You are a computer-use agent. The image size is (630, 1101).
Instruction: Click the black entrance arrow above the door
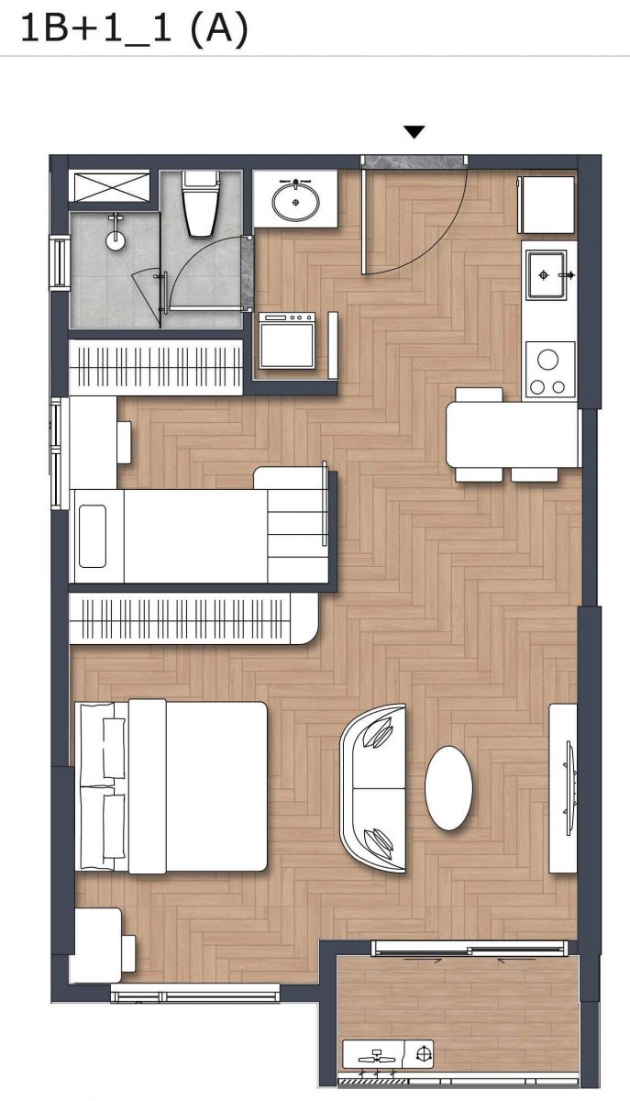[x=414, y=132]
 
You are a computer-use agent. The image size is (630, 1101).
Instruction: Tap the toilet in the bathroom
[x=201, y=205]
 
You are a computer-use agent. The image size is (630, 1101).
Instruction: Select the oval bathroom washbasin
[x=296, y=201]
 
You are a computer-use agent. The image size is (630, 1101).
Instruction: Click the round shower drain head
[x=115, y=240]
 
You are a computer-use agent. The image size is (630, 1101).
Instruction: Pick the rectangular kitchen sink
[x=546, y=274]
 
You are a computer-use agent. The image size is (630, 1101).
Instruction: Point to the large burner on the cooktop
[x=547, y=360]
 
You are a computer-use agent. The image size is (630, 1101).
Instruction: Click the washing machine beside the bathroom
[x=287, y=340]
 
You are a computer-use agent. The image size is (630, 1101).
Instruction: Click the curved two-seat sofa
[x=373, y=789]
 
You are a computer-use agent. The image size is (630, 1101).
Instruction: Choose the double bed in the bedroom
[x=171, y=787]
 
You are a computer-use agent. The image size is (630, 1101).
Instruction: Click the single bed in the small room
[x=201, y=536]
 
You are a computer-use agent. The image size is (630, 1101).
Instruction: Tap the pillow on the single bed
[x=93, y=536]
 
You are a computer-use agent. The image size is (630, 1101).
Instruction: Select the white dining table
[x=513, y=435]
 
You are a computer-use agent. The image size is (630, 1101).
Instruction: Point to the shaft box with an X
[x=112, y=185]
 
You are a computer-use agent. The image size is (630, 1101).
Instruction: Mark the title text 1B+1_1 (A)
[x=135, y=28]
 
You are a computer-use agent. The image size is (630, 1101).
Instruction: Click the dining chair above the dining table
[x=479, y=395]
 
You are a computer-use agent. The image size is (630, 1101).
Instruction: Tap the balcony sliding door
[x=470, y=949]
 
